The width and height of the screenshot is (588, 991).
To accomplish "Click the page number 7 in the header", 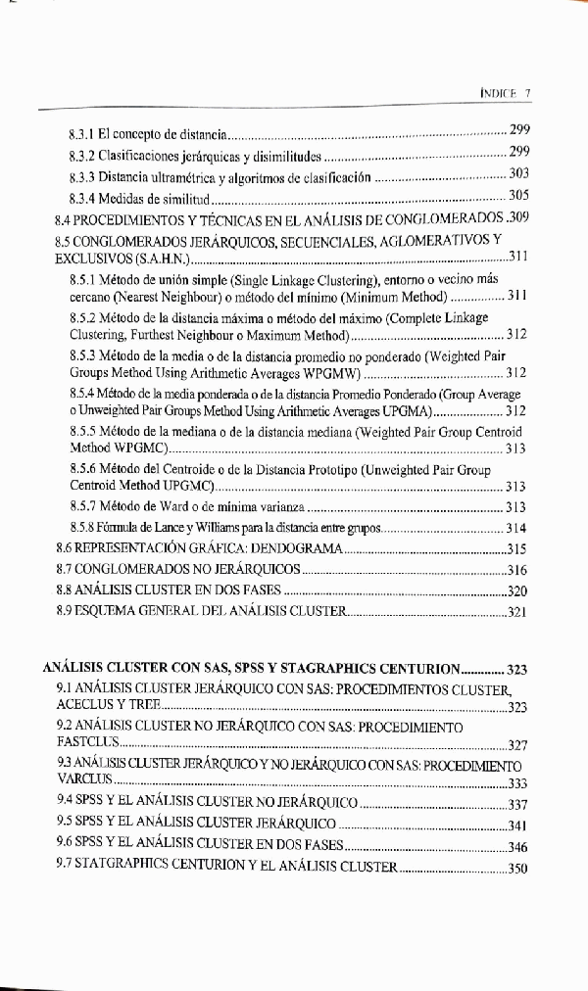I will coord(527,93).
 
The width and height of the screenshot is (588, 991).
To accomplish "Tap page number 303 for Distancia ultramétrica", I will coord(519,174).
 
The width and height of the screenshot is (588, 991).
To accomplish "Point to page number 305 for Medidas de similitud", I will coord(519,196).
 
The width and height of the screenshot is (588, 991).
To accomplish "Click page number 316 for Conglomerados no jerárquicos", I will coord(517,571).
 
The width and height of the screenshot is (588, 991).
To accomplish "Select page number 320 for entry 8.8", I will coord(517,591).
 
